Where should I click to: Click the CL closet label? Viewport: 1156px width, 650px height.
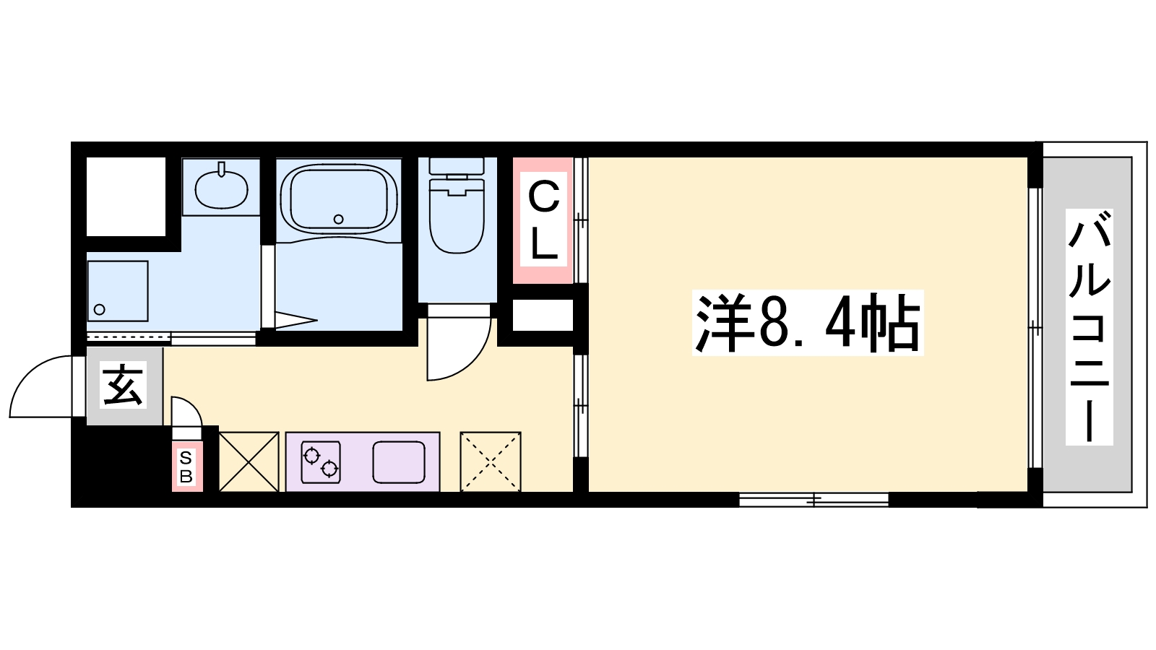click(543, 220)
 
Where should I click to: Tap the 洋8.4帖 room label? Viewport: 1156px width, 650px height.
click(808, 323)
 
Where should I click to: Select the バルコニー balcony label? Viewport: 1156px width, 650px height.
click(1089, 327)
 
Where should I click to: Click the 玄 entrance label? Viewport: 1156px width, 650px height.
click(124, 385)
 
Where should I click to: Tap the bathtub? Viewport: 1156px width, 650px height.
click(339, 201)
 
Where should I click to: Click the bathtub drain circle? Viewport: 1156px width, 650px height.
click(339, 220)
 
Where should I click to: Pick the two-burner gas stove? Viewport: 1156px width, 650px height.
click(321, 462)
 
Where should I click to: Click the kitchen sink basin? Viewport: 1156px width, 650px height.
click(399, 462)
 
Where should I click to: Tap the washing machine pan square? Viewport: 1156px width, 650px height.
click(118, 292)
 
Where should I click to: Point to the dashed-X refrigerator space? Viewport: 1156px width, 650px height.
click(491, 461)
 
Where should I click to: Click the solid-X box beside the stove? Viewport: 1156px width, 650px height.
click(249, 461)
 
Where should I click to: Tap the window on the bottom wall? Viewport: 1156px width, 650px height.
click(814, 499)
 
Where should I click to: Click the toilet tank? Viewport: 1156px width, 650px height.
click(457, 166)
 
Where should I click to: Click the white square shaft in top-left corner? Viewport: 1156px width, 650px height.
click(126, 196)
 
